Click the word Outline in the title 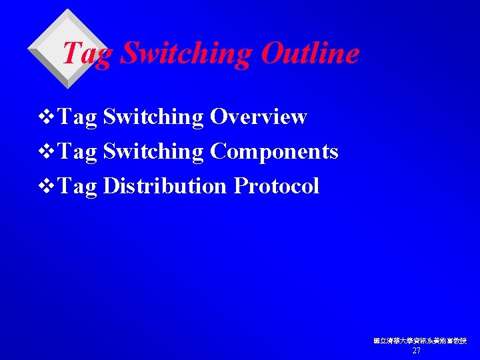(310, 53)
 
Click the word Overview (258, 117)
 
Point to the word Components (274, 152)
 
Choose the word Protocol (277, 186)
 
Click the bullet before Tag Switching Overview (47, 118)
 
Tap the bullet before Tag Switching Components (47, 153)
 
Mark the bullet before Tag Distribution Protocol (47, 187)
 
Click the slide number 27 (417, 351)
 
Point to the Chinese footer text (420, 341)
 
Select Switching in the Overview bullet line (154, 118)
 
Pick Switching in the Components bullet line (154, 153)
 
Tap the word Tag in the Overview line (78, 118)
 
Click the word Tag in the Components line (78, 153)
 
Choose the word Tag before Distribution (78, 187)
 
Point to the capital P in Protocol (240, 186)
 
